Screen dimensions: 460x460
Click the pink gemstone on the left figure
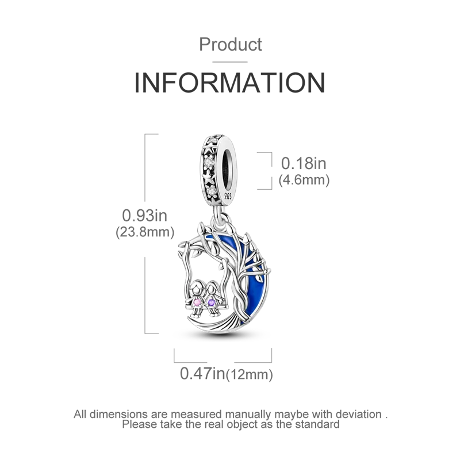pos(198,302)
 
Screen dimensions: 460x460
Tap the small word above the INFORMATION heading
pos(230,43)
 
